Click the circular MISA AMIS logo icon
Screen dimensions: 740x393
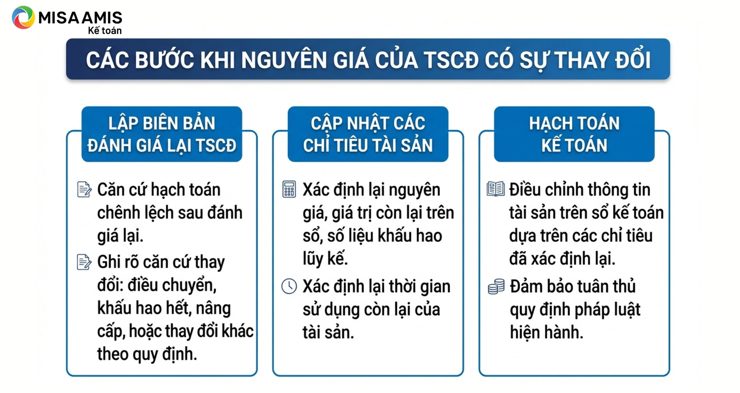tap(24, 17)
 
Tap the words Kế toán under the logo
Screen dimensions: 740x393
tap(105, 30)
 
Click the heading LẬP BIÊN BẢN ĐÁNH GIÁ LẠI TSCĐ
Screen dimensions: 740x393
tap(162, 134)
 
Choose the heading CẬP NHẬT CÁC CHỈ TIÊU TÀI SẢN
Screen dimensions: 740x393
tap(368, 134)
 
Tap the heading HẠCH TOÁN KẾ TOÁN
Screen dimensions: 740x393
tap(574, 134)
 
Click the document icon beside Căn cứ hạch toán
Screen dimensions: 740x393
tap(84, 189)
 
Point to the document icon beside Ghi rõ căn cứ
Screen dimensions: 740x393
tap(84, 262)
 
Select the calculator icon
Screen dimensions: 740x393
tap(289, 189)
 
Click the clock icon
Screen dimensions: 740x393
tap(289, 286)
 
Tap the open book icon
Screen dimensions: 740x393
tap(495, 189)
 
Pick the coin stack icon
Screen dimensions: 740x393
tap(496, 287)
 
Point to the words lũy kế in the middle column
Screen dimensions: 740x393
tap(325, 259)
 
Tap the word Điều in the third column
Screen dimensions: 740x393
tap(526, 189)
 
